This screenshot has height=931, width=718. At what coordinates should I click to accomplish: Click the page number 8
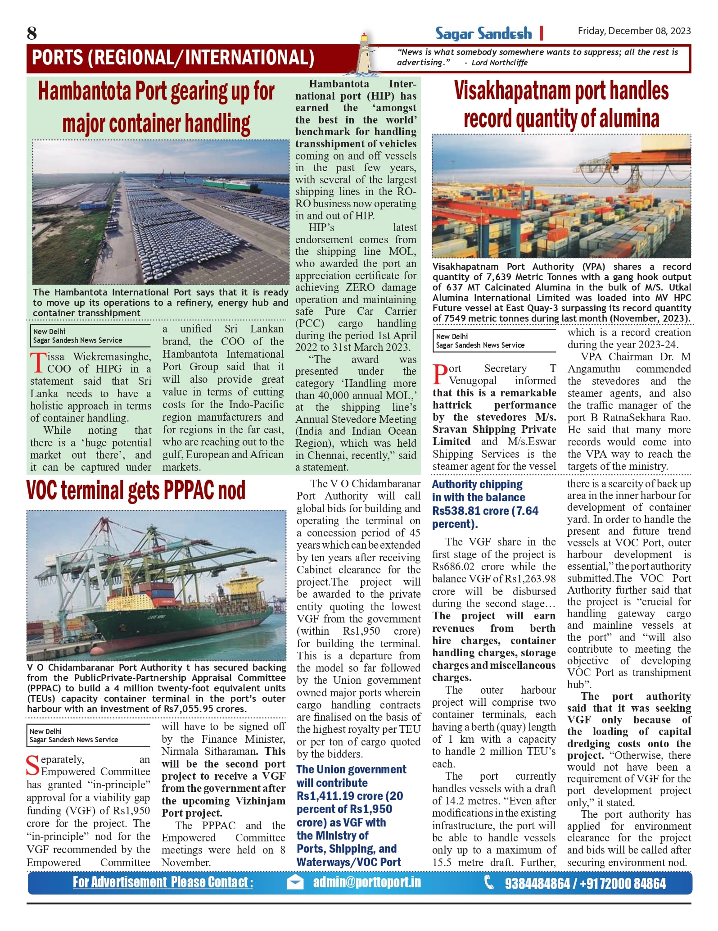[x=32, y=33]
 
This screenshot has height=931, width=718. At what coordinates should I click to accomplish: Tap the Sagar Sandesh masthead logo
[x=483, y=33]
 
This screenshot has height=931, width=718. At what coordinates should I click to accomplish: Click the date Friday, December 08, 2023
[x=634, y=31]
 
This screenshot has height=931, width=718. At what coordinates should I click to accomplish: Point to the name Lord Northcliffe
[x=499, y=63]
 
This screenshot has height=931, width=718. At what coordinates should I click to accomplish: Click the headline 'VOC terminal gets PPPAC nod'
[x=136, y=490]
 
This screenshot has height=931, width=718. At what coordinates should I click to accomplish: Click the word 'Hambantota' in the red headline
[x=85, y=91]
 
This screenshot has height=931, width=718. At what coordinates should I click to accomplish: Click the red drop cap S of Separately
[x=33, y=766]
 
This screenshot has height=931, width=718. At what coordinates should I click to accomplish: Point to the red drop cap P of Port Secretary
[x=439, y=375]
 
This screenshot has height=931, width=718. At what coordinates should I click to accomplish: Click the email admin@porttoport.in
[x=367, y=882]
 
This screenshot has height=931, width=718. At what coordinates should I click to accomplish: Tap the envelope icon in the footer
[x=295, y=882]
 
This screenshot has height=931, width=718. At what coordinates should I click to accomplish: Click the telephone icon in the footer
[x=489, y=882]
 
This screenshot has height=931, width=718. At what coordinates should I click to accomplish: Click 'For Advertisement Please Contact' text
[x=163, y=882]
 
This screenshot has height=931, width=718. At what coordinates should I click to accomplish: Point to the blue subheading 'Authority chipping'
[x=477, y=484]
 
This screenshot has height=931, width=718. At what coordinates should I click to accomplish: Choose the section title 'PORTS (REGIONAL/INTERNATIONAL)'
[x=173, y=58]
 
